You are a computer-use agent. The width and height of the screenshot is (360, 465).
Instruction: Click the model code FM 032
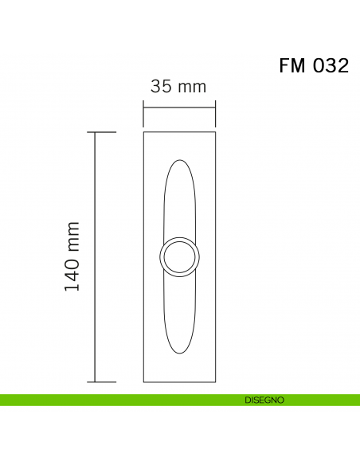coord(314,66)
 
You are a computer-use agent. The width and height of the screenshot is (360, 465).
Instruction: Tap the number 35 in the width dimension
coord(161,87)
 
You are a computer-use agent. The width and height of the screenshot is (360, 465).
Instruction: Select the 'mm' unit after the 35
coord(191,87)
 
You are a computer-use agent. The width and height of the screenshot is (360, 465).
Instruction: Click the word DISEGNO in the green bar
coord(264,401)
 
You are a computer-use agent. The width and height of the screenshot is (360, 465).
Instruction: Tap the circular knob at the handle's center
coord(179,257)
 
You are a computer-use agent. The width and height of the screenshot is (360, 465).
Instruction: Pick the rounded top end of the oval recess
coord(179,162)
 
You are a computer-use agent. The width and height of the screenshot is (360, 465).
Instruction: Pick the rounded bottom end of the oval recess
coord(179,351)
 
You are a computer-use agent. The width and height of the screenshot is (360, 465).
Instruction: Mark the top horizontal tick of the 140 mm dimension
coord(105,132)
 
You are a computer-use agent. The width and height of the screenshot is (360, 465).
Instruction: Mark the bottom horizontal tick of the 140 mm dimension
coord(105,382)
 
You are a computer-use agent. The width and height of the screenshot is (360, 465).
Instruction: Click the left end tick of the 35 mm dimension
coord(143,111)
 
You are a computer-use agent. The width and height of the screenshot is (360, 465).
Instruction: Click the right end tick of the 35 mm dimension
coord(215,111)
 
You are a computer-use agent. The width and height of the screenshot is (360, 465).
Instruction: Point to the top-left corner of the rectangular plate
coord(144,133)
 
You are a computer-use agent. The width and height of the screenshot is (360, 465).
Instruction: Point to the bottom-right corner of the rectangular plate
coord(215,381)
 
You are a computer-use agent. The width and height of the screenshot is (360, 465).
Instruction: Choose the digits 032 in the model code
coord(330,66)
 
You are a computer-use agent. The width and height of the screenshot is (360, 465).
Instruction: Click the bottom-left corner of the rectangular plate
coord(144,381)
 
